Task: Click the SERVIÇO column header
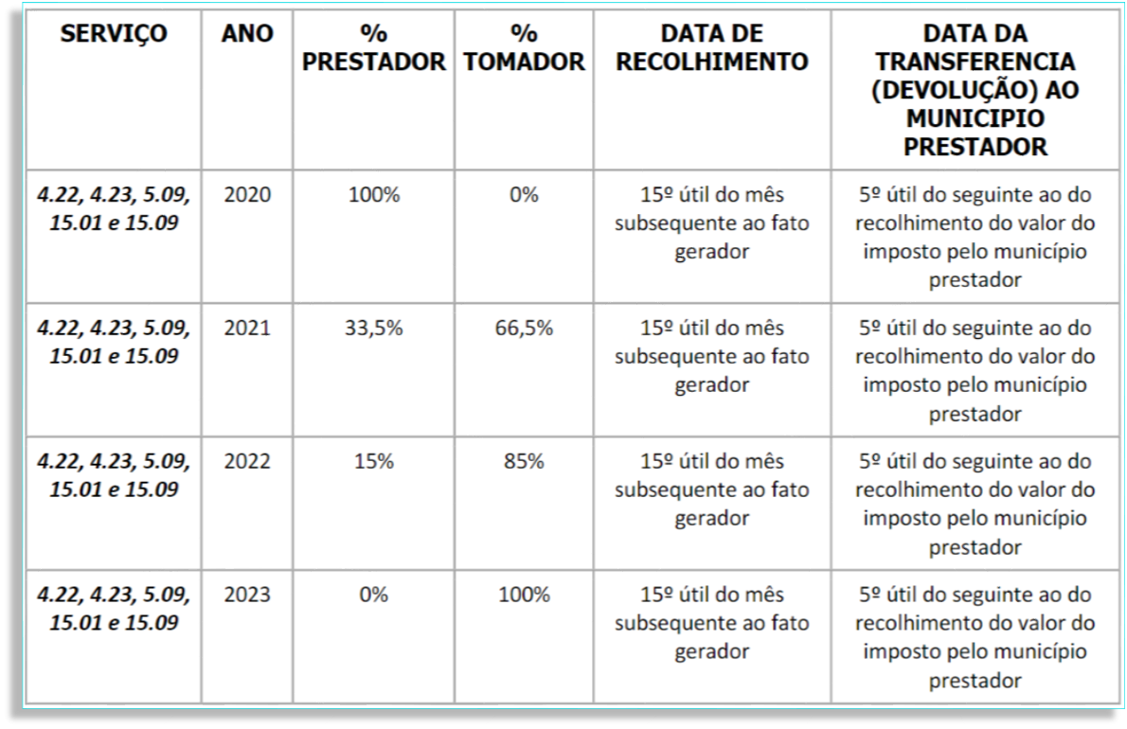pos(114,35)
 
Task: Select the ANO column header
pos(247,35)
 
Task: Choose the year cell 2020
pos(247,196)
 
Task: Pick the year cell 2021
pos(247,329)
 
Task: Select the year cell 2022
pos(247,462)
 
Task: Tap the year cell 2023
pos(247,596)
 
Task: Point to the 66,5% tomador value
pos(525,329)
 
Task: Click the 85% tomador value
pos(525,462)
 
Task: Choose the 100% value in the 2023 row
pos(525,596)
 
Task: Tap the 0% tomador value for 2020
pos(525,196)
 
